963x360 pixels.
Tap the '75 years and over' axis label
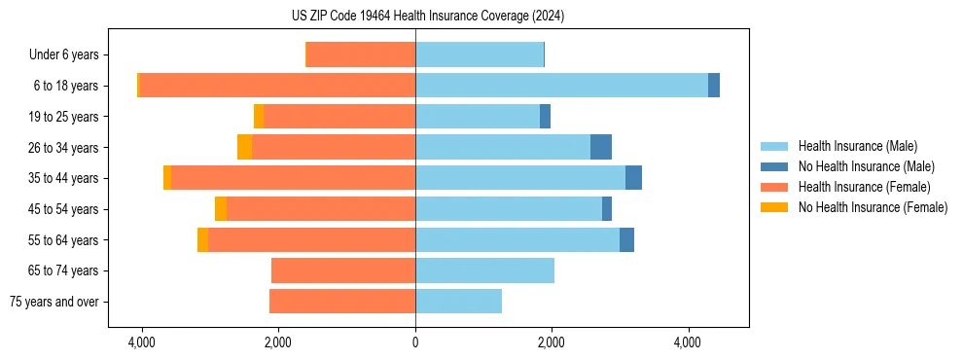click(x=54, y=302)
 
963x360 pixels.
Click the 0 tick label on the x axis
click(x=415, y=342)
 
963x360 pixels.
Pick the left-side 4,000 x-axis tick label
click(x=142, y=342)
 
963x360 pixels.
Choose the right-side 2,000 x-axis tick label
click(x=552, y=342)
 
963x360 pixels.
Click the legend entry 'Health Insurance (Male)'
click(x=857, y=146)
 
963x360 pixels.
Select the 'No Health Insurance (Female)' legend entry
click(x=873, y=207)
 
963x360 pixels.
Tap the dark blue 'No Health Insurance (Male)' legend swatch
click(x=775, y=166)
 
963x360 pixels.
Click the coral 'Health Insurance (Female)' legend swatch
click(x=775, y=187)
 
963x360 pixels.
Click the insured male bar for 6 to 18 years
click(x=561, y=86)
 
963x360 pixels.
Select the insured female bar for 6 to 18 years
click(x=277, y=86)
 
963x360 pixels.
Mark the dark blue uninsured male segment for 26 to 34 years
click(x=600, y=147)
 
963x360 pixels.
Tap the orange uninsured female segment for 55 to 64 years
click(x=202, y=239)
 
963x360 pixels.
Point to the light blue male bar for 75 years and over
click(x=458, y=302)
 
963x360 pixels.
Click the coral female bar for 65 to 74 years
click(x=343, y=270)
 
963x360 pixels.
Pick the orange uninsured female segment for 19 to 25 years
click(x=259, y=116)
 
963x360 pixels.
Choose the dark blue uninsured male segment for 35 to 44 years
click(x=633, y=178)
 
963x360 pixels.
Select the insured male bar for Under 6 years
click(x=480, y=54)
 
